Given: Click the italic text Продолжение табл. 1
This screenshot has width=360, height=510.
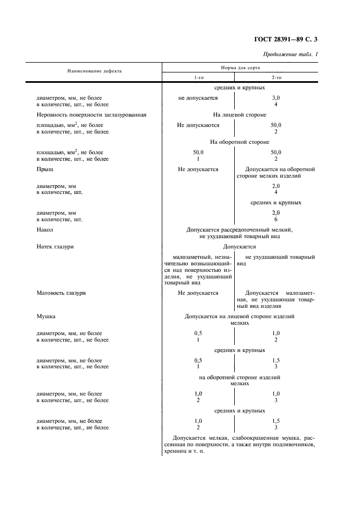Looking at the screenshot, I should (x=290, y=54).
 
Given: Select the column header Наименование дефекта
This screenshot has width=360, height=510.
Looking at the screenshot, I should (x=94, y=71).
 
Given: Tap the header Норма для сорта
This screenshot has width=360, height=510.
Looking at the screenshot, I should (x=240, y=68).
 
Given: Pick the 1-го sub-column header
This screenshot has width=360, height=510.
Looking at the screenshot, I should (x=199, y=77).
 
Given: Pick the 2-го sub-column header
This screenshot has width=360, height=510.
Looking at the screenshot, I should (x=276, y=77).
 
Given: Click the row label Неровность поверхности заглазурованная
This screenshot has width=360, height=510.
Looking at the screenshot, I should (x=91, y=115).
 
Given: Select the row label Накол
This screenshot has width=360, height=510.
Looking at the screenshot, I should (x=45, y=230).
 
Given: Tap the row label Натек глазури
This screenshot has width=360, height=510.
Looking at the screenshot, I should (x=55, y=247).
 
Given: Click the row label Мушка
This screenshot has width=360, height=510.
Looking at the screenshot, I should (x=46, y=316).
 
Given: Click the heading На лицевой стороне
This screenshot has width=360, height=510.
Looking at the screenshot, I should (x=240, y=115).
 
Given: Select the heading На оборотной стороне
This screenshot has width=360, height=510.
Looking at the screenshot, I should (x=240, y=142).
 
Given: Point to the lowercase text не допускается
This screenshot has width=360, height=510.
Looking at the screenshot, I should (x=198, y=98).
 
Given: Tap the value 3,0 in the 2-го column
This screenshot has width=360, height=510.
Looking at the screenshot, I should (x=276, y=98).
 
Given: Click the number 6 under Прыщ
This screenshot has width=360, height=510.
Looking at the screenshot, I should (x=276, y=220).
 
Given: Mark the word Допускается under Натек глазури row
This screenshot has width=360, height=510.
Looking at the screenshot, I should (x=240, y=247).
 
